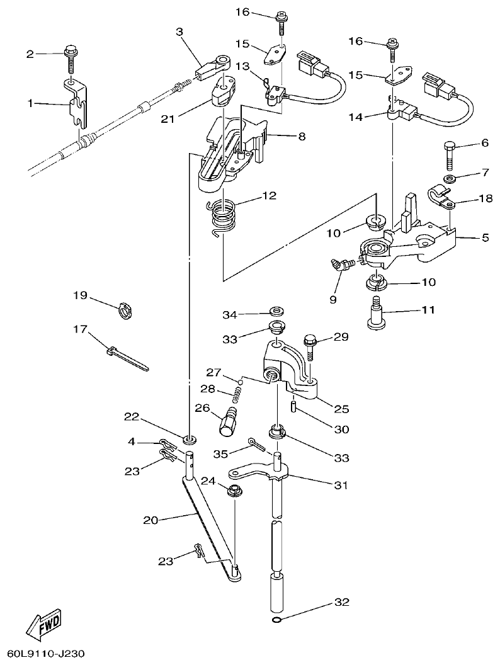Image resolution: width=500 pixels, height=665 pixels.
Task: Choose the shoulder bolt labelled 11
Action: pos(377,315)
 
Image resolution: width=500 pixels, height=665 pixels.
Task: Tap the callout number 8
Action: pos(302,135)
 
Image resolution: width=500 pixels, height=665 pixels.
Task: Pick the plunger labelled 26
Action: pos(227,420)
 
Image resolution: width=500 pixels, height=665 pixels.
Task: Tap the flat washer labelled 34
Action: pos(276,312)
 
